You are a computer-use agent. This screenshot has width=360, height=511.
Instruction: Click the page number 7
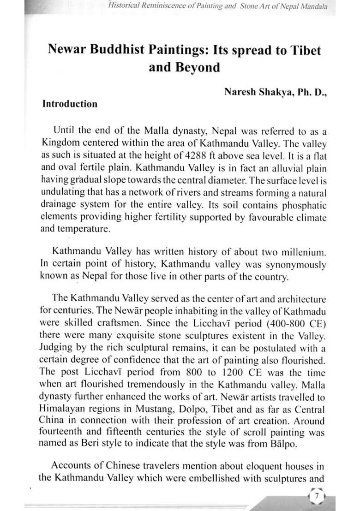click(x=317, y=496)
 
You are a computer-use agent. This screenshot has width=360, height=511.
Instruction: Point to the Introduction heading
click(x=70, y=104)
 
